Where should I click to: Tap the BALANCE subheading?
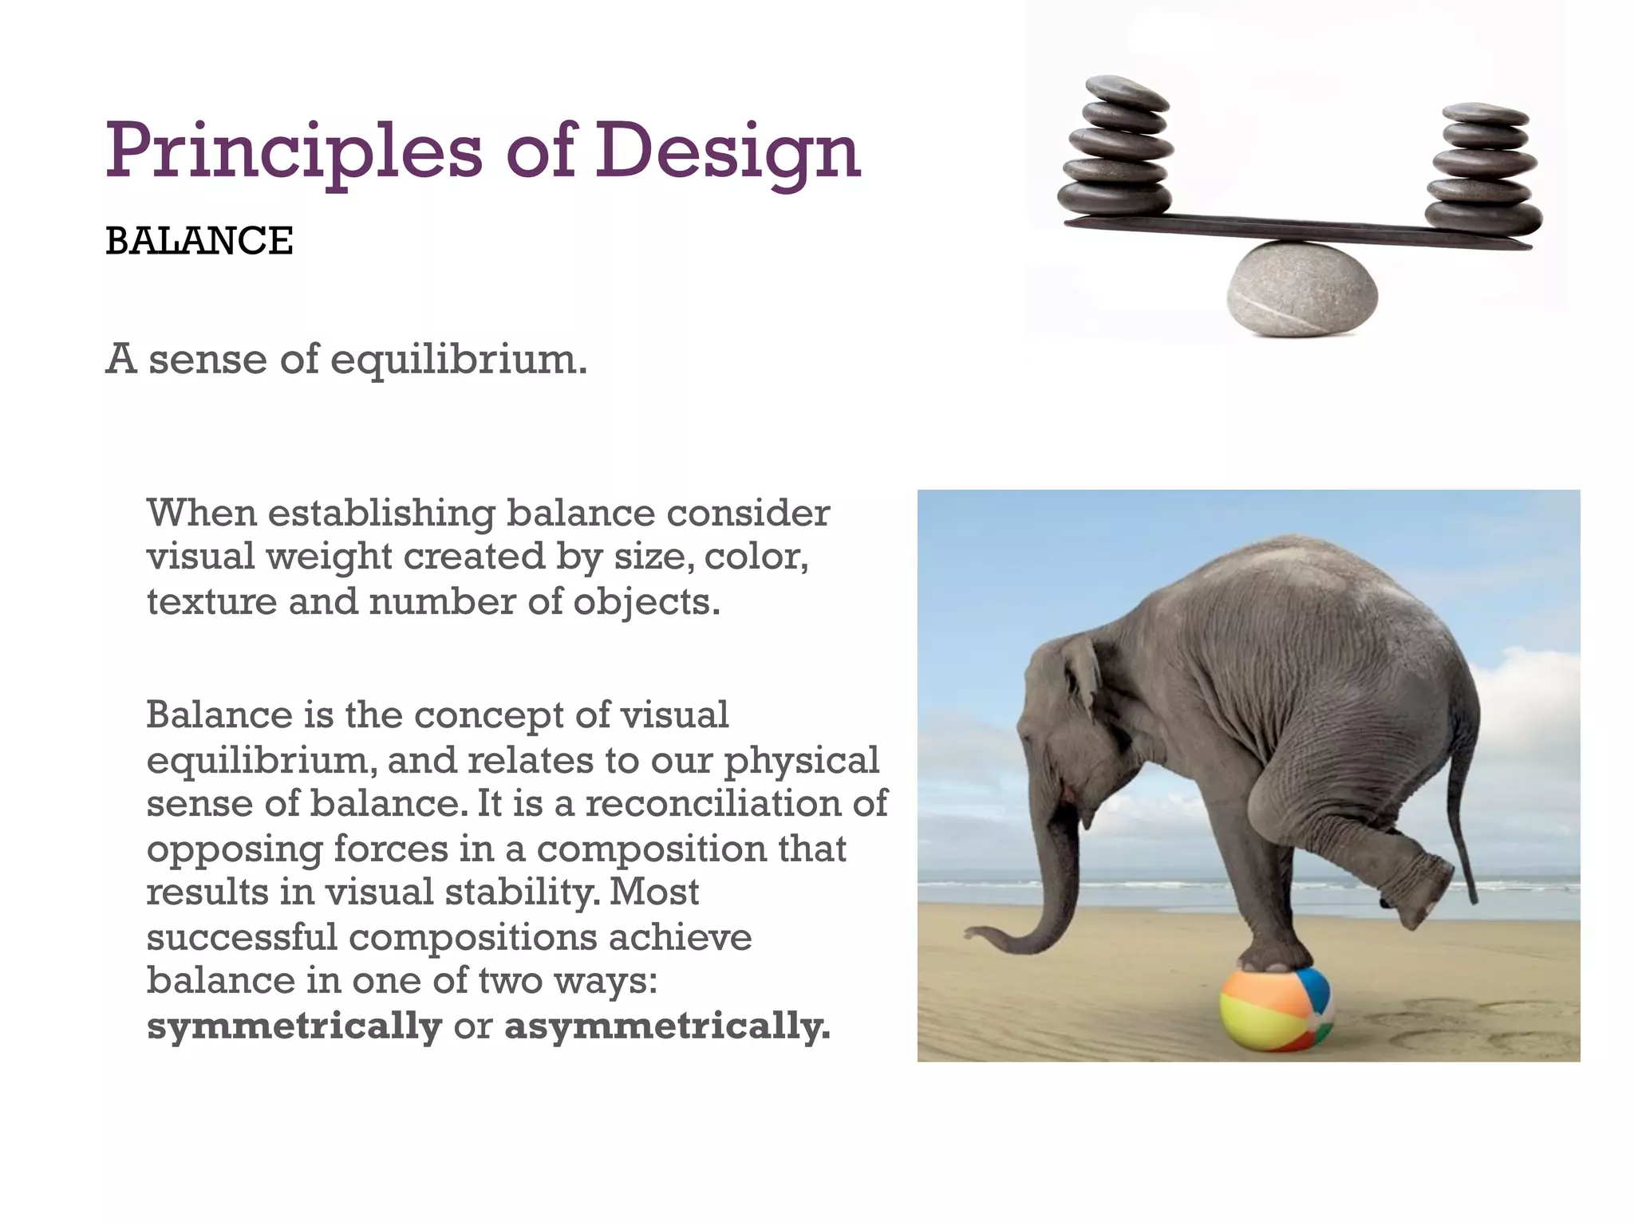point(199,241)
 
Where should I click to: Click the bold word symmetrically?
point(294,1026)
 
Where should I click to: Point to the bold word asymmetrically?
point(667,1026)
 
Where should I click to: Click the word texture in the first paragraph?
point(210,601)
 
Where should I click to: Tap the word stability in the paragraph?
point(522,892)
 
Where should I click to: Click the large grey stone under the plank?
point(1302,289)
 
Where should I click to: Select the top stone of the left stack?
point(1127,91)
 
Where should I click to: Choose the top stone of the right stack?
point(1486,113)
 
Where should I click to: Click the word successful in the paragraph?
point(242,937)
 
